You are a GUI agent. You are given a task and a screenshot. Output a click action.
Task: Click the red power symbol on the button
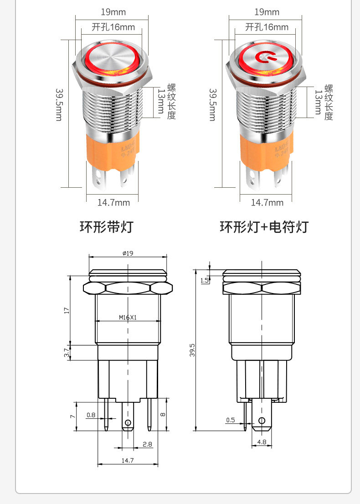(264, 57)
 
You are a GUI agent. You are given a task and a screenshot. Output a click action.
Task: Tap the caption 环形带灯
(106, 226)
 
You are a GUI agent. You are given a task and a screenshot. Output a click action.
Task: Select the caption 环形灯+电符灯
(264, 226)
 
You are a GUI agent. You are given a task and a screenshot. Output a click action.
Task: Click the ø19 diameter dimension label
(128, 253)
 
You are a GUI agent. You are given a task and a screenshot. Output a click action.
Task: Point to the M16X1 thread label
(128, 318)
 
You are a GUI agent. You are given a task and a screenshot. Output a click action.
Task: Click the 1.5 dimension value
(204, 280)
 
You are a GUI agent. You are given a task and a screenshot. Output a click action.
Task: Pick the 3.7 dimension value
(67, 352)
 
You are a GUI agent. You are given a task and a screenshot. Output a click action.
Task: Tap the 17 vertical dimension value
(67, 310)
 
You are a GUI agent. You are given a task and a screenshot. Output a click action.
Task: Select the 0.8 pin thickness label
(91, 415)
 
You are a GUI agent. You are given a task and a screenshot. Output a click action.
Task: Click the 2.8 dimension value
(147, 444)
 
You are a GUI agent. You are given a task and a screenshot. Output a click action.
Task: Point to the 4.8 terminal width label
(262, 442)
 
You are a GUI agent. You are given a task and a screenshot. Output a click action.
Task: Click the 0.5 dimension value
(231, 420)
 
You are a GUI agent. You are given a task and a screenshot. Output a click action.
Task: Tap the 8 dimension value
(163, 415)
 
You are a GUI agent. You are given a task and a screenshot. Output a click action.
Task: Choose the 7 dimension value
(72, 417)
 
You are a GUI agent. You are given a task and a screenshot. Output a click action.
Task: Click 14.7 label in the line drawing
(128, 460)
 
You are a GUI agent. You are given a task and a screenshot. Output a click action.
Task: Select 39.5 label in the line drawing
(192, 350)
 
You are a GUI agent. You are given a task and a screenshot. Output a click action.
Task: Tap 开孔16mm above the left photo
(113, 27)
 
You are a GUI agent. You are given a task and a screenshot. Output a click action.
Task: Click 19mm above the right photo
(267, 12)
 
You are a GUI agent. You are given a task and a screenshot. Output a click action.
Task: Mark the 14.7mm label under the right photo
(267, 202)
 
